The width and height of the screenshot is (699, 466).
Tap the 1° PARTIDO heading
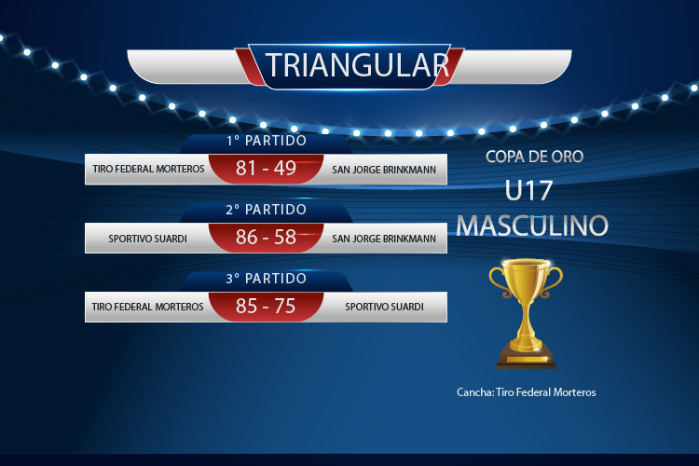coord(267,141)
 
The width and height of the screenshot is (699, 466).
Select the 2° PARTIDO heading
coord(267,209)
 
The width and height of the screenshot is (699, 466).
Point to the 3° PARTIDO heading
coord(267,279)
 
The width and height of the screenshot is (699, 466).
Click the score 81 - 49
coord(267,168)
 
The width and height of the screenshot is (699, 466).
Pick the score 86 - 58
coord(267,237)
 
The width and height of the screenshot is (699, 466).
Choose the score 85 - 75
coord(266,306)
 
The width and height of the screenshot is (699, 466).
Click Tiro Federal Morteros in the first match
coord(148,169)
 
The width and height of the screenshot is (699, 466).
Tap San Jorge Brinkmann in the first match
coord(384,170)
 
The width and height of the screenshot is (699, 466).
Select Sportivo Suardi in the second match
coord(147,239)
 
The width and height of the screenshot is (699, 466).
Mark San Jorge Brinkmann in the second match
coord(384,239)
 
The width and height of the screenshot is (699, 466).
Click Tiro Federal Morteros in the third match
coord(147,307)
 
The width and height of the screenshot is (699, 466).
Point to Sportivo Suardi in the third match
coord(384,307)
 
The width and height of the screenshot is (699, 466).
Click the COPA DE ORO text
coord(535,157)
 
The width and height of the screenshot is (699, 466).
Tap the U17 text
coord(528,191)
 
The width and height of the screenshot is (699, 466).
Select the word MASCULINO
coord(532,226)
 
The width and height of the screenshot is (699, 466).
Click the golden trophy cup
coord(526,313)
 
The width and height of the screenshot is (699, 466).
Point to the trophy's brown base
coord(526,359)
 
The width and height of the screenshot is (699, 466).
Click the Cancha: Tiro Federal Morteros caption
coord(526,392)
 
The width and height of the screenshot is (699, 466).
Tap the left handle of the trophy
coord(497,281)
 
